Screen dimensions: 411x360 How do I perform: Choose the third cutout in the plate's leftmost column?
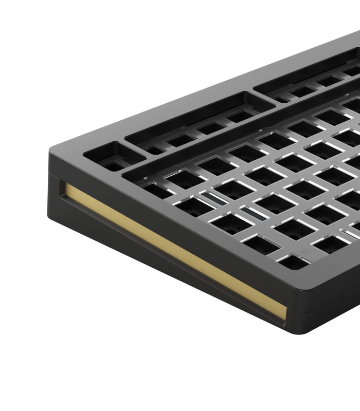[x=226, y=223]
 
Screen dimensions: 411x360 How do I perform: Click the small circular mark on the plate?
[x=304, y=252]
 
